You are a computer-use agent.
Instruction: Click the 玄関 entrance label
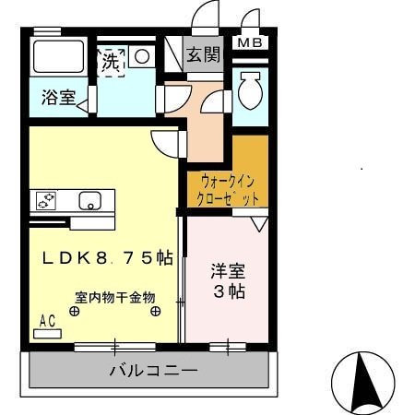coord(204,54)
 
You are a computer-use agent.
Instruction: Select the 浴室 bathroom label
coord(57,98)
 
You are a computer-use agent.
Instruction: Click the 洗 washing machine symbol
coord(111,64)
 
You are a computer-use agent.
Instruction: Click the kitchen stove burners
coord(46,199)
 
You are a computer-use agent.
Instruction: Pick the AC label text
coord(48,319)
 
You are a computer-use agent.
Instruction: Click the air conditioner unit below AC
coord(48,331)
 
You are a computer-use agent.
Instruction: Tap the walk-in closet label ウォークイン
coord(224,182)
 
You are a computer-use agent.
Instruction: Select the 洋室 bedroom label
coord(228,272)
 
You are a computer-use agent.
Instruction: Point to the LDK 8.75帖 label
coord(106,259)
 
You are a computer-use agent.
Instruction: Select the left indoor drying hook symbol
coord(76,311)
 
